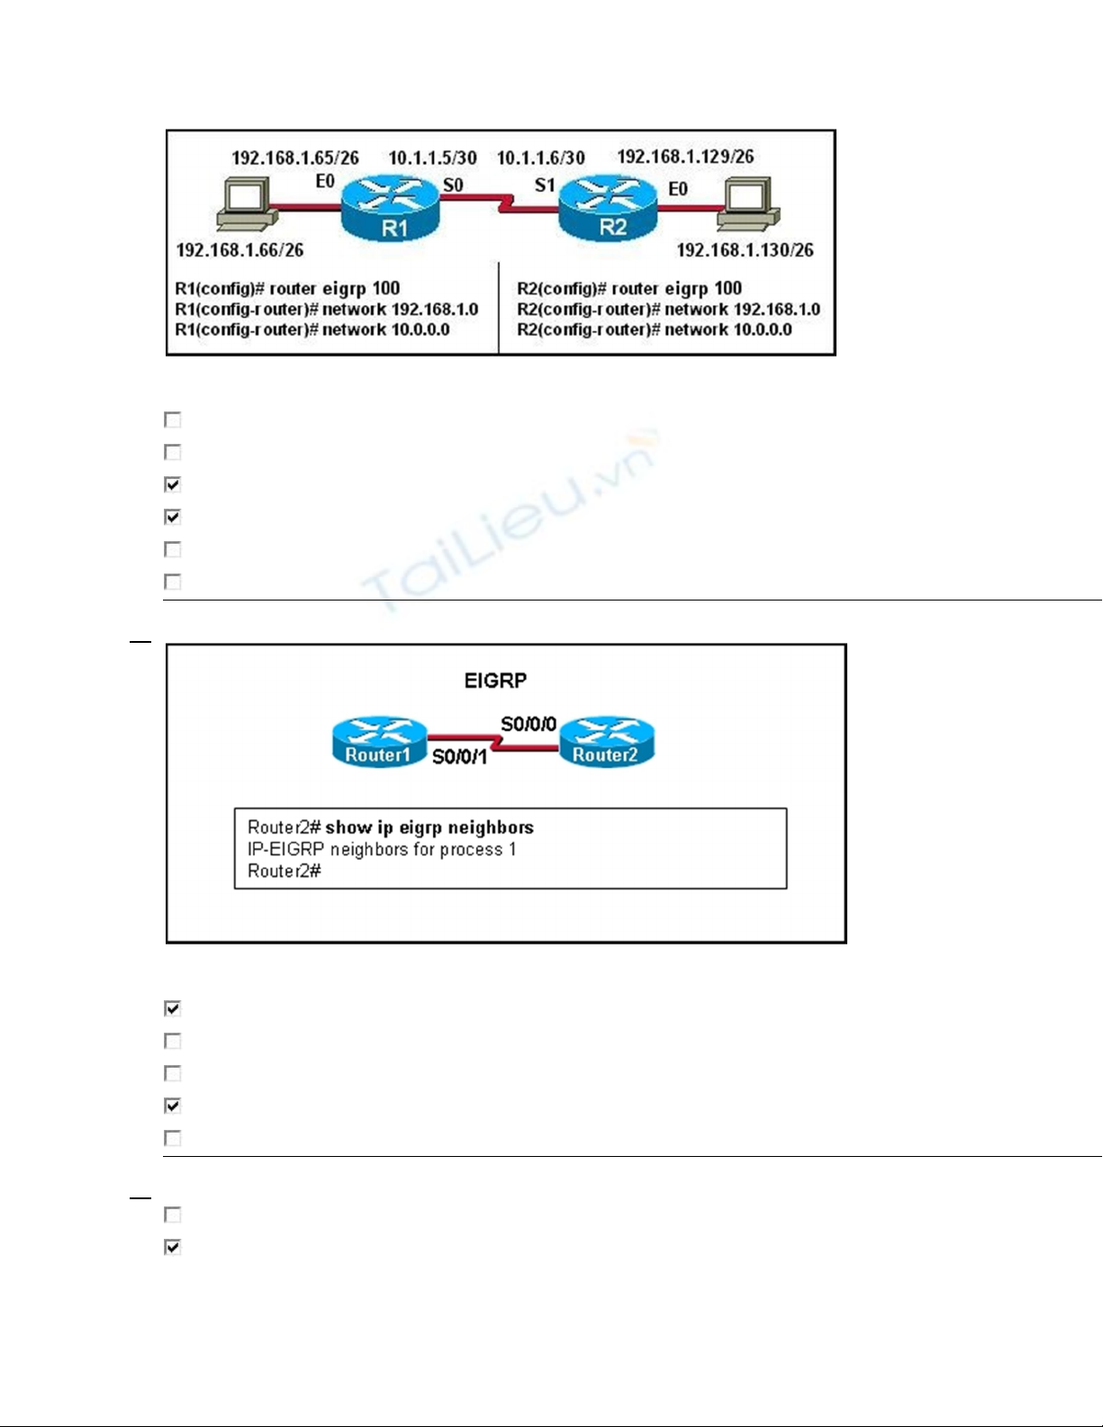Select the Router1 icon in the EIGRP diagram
coord(379,742)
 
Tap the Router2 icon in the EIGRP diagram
coord(606,742)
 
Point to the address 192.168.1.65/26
coord(295,158)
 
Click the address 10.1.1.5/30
coord(432,158)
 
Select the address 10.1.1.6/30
coord(540,158)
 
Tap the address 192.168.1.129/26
coord(685,157)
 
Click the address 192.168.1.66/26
coord(240,250)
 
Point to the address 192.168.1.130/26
coord(745,250)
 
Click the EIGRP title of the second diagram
coord(495,681)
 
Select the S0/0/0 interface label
coord(529,724)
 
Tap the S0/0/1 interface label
coord(459,757)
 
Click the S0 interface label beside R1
coord(453,185)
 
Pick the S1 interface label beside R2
coord(545,185)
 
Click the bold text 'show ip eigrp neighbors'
coord(429,827)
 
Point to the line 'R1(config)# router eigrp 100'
coord(287,289)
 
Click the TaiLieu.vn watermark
coord(509,522)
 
